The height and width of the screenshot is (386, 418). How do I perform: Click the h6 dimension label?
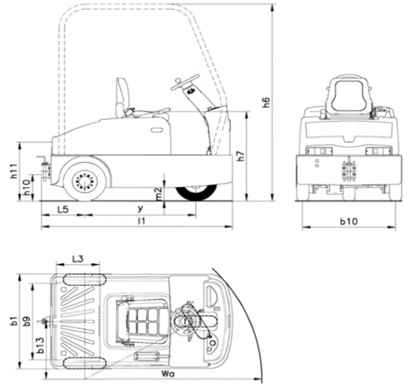[x=266, y=102]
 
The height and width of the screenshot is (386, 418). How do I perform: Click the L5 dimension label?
[x=63, y=209]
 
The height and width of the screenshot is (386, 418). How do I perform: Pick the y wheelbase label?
[x=140, y=208]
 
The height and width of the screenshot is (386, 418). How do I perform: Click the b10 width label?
[x=349, y=221]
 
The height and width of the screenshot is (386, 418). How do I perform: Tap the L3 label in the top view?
[x=78, y=259]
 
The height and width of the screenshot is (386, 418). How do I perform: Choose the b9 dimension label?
[x=27, y=321]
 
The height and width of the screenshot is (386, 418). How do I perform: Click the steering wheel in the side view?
[x=183, y=83]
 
